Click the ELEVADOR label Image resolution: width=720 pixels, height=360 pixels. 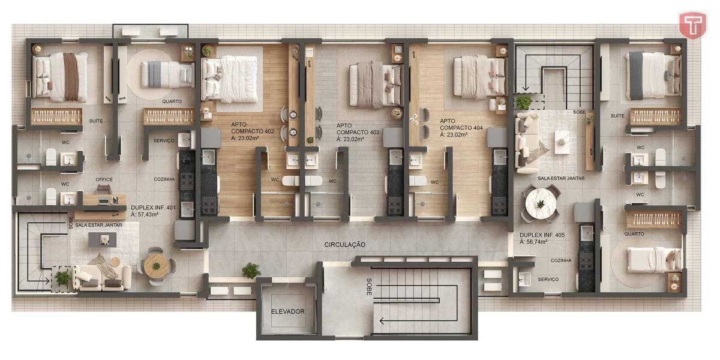[x=287, y=311]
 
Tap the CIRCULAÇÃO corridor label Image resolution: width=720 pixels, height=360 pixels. [x=344, y=245]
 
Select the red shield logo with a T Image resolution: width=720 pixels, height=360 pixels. [x=692, y=25]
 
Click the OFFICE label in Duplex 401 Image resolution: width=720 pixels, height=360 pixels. [x=104, y=179]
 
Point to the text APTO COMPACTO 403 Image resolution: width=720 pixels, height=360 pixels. [x=358, y=129]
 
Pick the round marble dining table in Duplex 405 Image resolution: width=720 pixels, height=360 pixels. [x=541, y=204]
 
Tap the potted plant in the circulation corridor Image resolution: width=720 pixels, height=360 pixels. [x=251, y=271]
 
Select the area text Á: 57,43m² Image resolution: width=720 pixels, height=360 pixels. [x=145, y=214]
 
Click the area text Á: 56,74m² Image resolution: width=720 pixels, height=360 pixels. [x=533, y=242]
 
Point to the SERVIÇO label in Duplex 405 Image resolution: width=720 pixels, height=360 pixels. [x=548, y=280]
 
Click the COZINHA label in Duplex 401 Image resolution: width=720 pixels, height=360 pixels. [x=164, y=179]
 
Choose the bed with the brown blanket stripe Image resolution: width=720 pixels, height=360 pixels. [x=60, y=77]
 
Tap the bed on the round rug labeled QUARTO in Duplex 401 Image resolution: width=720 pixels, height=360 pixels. [x=167, y=74]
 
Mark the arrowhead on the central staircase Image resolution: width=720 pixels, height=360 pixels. [x=382, y=321]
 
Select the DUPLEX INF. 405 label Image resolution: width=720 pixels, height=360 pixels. [x=542, y=235]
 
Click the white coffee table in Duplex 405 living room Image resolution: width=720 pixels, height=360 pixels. [x=562, y=142]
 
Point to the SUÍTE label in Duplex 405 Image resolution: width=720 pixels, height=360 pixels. [x=617, y=116]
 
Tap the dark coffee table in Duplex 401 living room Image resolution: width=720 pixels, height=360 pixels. [x=102, y=240]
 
